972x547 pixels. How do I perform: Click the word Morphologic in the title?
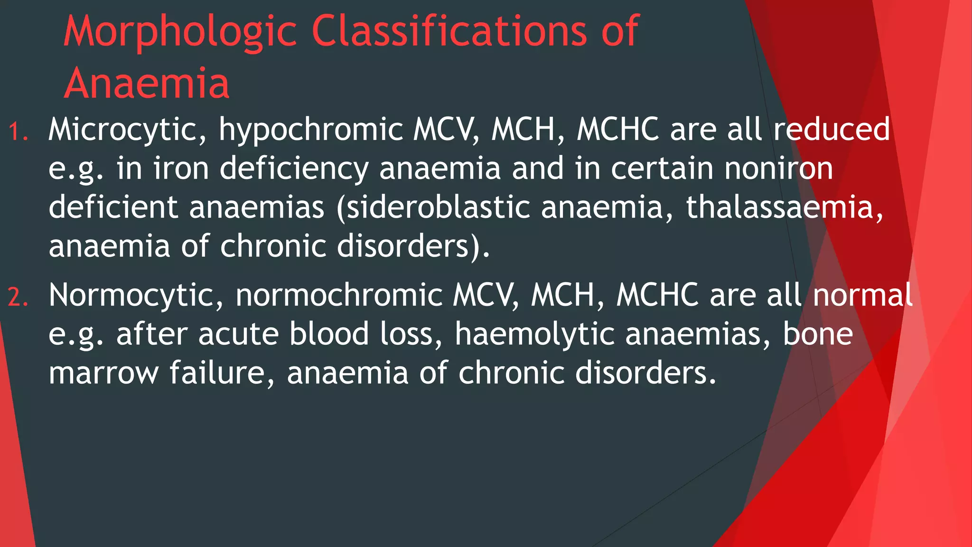point(180,32)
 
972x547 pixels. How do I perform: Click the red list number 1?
point(18,132)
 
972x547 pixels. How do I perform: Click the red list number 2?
point(18,298)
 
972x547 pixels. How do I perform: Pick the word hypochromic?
point(310,130)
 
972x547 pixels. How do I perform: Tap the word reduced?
point(832,130)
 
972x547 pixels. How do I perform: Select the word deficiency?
point(294,169)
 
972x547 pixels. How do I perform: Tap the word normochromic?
point(339,295)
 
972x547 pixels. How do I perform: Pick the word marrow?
point(103,373)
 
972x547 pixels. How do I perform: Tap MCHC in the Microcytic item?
point(617,130)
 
